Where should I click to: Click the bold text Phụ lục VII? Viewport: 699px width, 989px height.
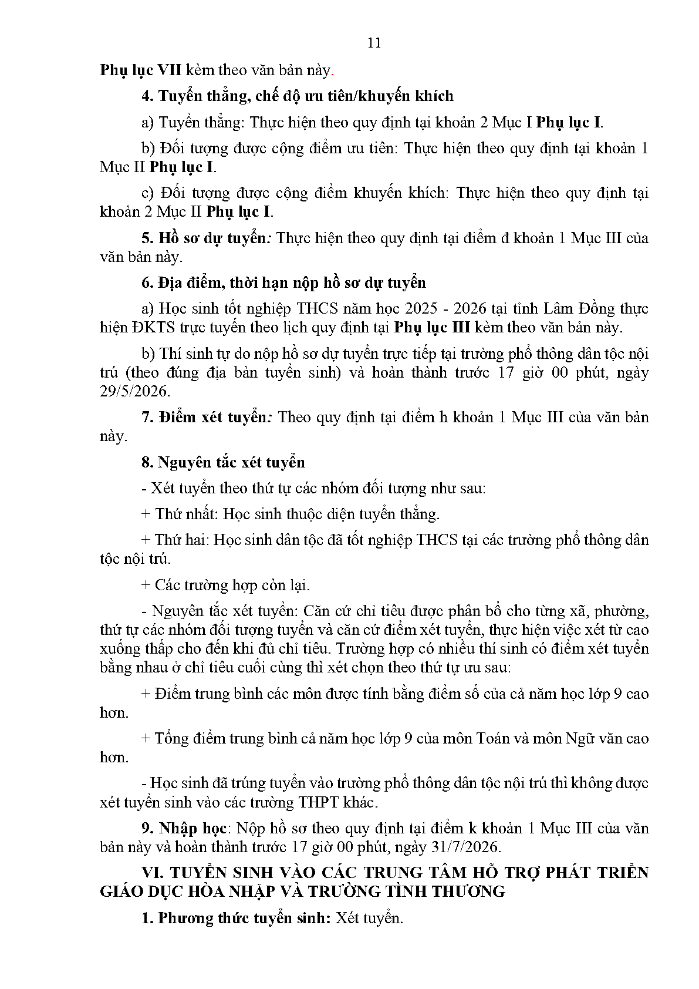pos(141,70)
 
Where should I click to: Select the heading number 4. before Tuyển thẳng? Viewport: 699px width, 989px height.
pos(147,96)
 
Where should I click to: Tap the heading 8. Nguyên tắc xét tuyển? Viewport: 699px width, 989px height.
pos(223,462)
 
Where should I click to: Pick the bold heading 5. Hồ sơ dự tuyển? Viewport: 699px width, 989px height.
pos(207,238)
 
